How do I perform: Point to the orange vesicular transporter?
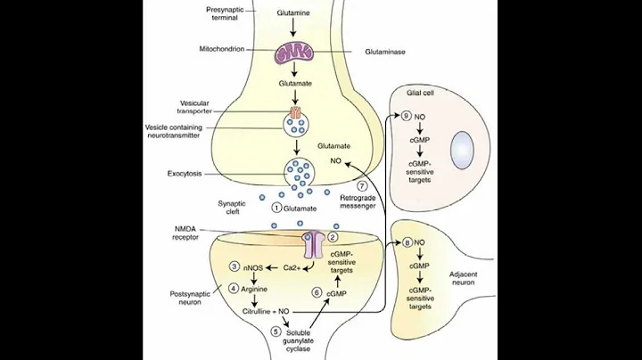pyautogui.click(x=294, y=114)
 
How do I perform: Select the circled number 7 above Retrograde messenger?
pyautogui.click(x=362, y=185)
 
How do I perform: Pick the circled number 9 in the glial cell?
pyautogui.click(x=406, y=116)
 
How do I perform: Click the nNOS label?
pyautogui.click(x=254, y=266)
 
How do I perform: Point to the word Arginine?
pyautogui.click(x=258, y=288)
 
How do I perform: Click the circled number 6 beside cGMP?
pyautogui.click(x=317, y=291)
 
